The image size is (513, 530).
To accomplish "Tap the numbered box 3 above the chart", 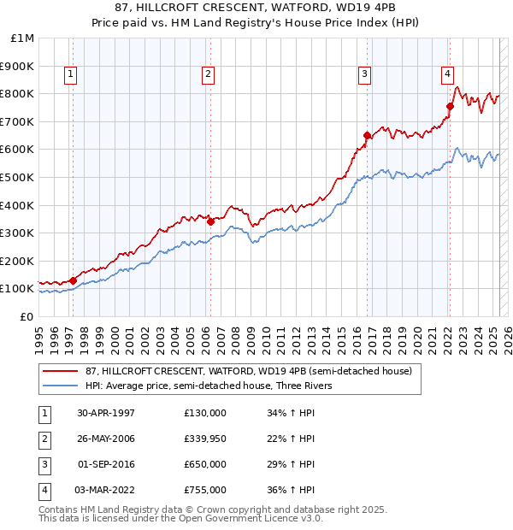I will click(x=364, y=75).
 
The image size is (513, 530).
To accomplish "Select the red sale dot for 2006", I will click(x=210, y=221).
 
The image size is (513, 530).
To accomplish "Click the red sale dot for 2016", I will click(x=367, y=135).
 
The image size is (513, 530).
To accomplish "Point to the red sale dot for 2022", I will click(x=450, y=106).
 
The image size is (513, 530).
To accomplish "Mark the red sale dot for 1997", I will click(x=74, y=280).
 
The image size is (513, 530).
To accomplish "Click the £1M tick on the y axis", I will click(x=23, y=38).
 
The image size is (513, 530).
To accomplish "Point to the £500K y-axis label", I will click(x=19, y=177).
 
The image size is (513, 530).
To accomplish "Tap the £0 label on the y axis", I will click(x=27, y=316).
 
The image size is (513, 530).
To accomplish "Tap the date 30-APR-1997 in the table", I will click(x=106, y=413).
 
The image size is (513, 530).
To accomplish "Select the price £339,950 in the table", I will click(x=204, y=439).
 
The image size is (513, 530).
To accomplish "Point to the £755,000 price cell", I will click(x=204, y=490).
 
